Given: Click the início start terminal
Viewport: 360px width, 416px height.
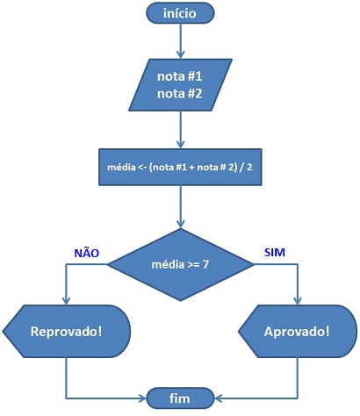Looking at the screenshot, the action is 180,13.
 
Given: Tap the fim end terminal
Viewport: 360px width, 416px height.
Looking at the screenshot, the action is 180,398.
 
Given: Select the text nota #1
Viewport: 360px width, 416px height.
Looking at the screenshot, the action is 180,76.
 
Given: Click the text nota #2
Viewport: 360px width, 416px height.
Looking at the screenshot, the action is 180,94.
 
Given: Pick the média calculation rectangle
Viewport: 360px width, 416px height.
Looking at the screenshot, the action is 180,167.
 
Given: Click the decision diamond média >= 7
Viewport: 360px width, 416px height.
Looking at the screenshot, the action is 180,264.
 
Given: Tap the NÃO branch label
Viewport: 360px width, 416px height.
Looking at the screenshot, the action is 87,252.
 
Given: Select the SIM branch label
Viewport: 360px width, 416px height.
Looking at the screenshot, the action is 275,252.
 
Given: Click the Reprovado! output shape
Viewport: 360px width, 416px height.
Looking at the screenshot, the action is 67,331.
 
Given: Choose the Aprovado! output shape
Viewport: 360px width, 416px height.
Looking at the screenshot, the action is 298,331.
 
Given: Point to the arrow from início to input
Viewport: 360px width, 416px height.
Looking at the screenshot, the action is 181,41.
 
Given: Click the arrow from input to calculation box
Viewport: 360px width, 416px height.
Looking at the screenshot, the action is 181,130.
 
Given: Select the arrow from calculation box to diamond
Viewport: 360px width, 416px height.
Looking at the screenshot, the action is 181,207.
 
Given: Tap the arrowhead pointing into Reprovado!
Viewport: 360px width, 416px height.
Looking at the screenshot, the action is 67,301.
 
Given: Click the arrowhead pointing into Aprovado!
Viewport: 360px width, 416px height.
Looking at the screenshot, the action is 298,301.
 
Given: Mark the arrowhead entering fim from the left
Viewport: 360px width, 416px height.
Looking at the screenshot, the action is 142,398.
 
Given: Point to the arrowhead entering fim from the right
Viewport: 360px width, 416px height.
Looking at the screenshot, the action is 218,398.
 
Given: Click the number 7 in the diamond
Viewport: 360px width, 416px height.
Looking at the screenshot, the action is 205,264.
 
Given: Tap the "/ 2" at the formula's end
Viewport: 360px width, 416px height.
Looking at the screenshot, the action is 246,168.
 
